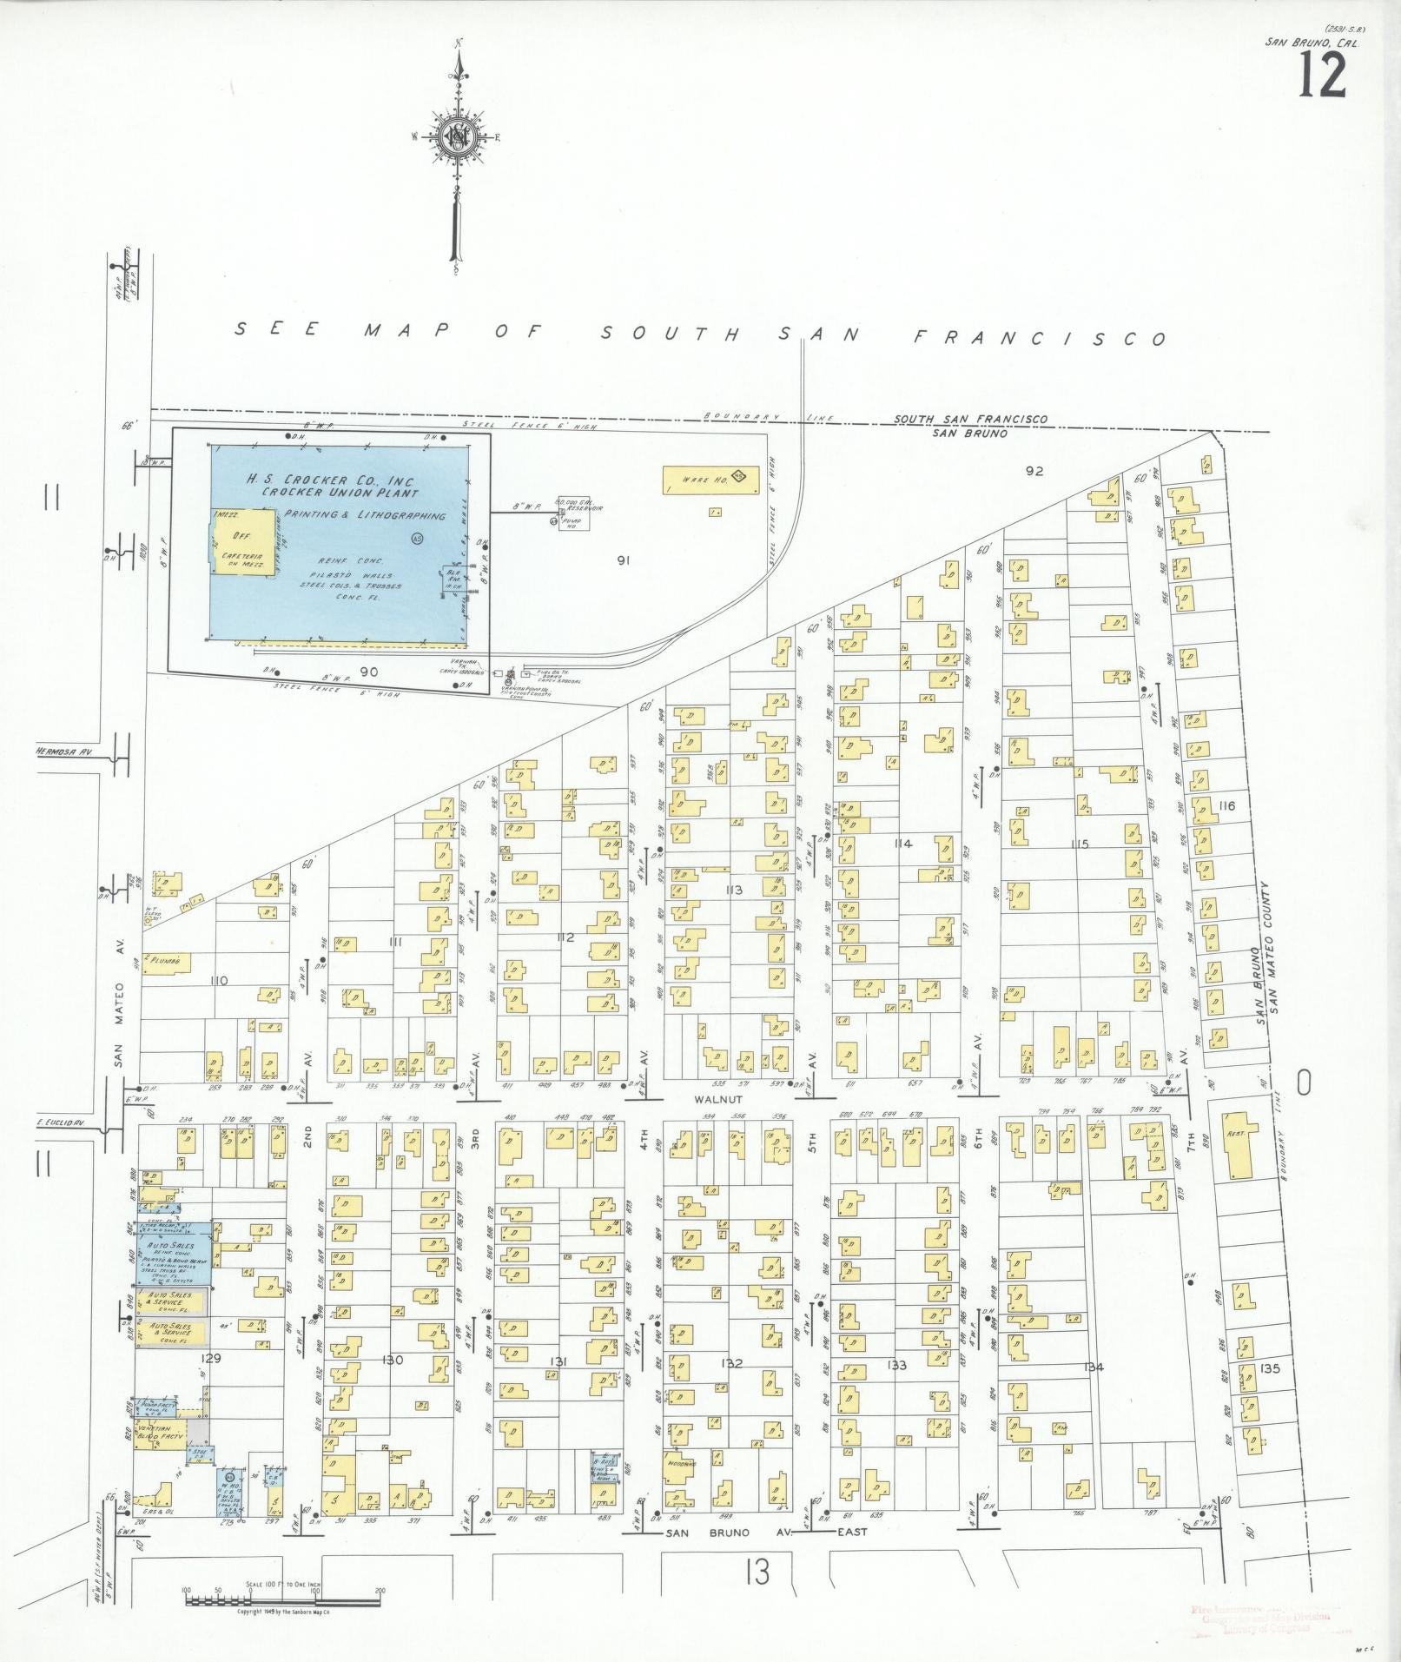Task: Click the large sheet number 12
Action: click(x=1322, y=76)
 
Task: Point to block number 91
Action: click(x=622, y=560)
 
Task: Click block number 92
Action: click(x=1033, y=472)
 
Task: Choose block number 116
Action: click(x=1226, y=806)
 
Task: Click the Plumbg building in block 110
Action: click(x=167, y=962)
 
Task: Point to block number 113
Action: click(x=734, y=891)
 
